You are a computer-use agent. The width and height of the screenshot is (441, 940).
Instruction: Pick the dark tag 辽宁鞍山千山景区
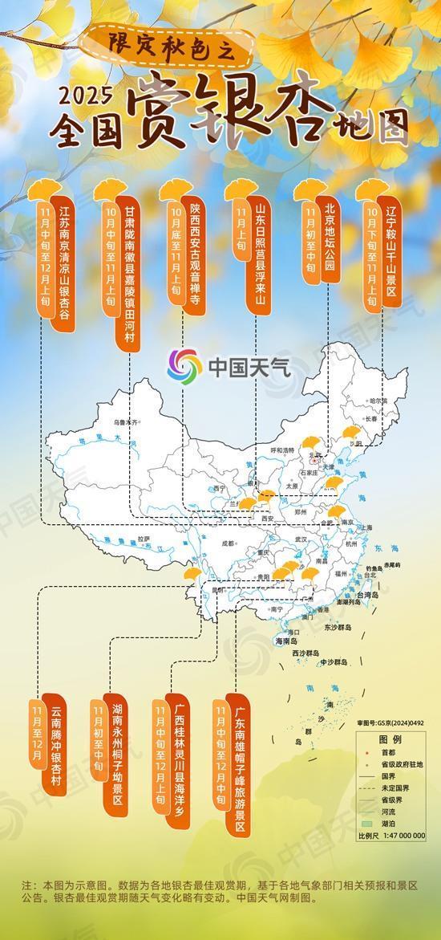click(x=391, y=248)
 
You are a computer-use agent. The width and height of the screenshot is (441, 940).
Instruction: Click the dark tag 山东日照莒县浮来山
click(x=259, y=248)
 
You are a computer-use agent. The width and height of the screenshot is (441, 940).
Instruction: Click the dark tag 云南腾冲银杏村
click(x=55, y=746)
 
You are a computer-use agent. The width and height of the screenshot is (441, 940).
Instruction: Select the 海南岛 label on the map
click(x=286, y=641)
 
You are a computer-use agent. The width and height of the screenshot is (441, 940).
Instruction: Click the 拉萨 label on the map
click(x=144, y=539)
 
